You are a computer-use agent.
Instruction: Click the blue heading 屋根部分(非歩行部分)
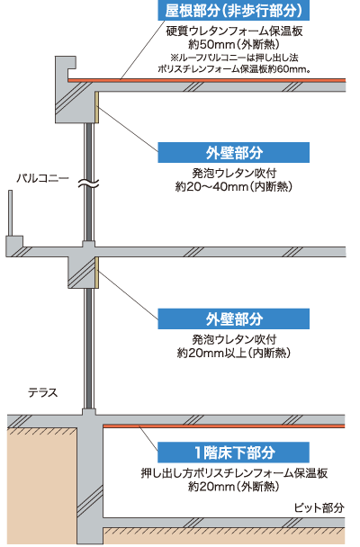tap(233, 10)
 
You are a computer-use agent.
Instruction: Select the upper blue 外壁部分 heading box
tap(233, 152)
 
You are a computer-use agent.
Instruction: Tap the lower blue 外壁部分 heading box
tap(233, 318)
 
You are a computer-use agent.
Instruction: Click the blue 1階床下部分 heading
tap(233, 453)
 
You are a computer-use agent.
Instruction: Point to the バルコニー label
tap(43, 178)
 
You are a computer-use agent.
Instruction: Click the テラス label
tap(43, 393)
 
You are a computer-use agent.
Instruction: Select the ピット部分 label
tap(319, 507)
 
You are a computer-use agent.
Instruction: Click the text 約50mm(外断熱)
tap(234, 45)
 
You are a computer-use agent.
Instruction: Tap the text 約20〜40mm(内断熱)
tap(234, 186)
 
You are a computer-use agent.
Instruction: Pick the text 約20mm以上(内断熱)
tap(234, 353)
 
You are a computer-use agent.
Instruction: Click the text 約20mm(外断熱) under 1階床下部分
tap(234, 486)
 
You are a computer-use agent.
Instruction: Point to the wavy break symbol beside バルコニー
tap(88, 184)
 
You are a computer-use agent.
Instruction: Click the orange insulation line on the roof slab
tap(207, 80)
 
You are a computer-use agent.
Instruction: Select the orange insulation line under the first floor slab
tap(224, 426)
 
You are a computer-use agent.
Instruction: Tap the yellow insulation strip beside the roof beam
tap(97, 107)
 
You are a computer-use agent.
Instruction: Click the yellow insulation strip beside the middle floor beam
tap(97, 273)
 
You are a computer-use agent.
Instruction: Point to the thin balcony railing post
tap(11, 213)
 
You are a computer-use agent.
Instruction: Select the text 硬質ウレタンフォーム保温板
tap(234, 31)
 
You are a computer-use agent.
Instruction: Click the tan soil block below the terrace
tap(42, 486)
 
